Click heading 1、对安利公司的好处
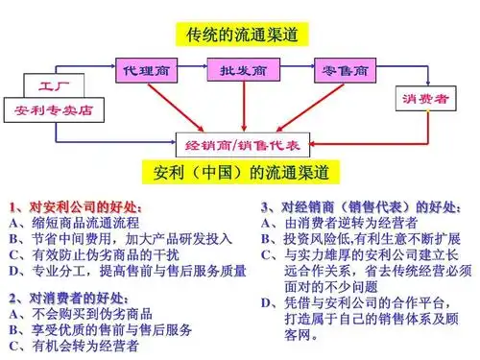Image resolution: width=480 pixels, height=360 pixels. coord(77,207)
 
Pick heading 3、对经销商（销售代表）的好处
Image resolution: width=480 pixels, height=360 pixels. coord(361,207)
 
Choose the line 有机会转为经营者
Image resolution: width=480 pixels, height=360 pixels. coord(84,345)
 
